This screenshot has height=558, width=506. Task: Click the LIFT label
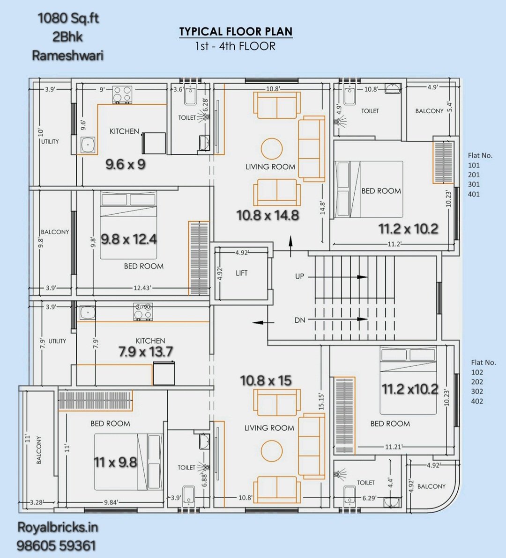241,273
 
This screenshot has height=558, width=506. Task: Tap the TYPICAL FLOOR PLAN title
236,32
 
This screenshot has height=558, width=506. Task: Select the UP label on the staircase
299,276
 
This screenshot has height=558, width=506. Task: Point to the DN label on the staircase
300,320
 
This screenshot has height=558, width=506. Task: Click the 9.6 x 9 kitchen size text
126,164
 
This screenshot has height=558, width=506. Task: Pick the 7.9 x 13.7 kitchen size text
146,352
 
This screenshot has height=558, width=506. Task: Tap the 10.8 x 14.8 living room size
268,215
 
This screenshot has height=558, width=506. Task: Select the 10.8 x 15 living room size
266,380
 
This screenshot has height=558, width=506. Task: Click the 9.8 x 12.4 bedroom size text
129,239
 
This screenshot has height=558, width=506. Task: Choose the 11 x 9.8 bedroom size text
116,462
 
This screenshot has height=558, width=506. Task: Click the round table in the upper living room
272,149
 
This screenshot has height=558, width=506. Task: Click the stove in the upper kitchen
122,94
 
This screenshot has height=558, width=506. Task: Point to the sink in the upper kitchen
88,145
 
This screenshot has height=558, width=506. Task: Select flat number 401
474,194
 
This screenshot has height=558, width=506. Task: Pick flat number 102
477,372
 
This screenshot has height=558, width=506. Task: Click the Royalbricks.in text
58,527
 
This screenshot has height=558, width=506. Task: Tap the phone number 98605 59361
56,545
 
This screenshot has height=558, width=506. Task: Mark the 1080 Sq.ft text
68,18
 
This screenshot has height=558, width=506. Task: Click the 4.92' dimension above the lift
241,253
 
